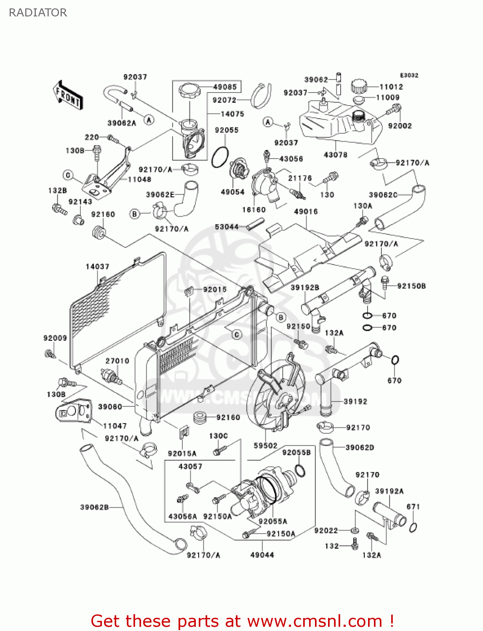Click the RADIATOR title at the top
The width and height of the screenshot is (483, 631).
click(38, 13)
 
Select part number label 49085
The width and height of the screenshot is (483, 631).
click(225, 87)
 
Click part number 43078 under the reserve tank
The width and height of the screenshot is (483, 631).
click(336, 155)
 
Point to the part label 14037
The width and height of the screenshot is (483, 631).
click(97, 267)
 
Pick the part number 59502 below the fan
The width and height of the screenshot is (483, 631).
click(265, 445)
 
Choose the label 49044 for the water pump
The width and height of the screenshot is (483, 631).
click(262, 555)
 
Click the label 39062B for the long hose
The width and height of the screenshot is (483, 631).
click(94, 507)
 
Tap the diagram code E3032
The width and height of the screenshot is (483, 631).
click(409, 75)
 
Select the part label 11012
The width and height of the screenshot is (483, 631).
click(391, 87)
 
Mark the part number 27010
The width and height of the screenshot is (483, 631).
click(117, 361)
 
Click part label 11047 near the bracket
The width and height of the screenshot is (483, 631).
click(115, 426)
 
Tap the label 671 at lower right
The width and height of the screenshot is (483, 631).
click(413, 507)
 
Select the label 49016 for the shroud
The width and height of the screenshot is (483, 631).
click(306, 212)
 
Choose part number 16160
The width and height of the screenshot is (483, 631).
click(254, 209)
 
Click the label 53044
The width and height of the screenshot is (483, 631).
click(227, 227)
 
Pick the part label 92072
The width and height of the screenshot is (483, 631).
click(224, 100)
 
